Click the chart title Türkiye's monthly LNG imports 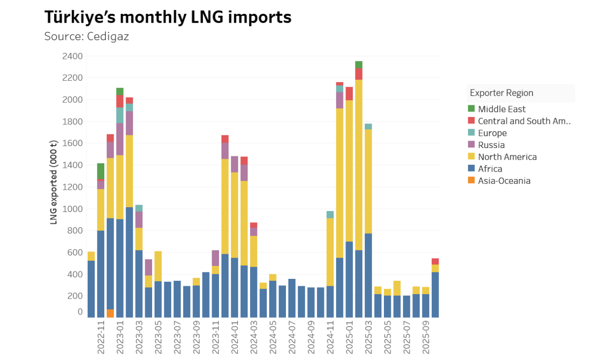click(168, 17)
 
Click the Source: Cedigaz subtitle click(87, 36)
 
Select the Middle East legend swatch click(471, 109)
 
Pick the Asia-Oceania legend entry click(504, 181)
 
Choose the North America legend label click(507, 157)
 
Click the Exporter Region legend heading click(501, 93)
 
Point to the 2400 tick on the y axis click(73, 56)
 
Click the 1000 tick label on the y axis click(73, 209)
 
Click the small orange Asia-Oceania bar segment click(110, 313)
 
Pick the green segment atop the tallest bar click(359, 65)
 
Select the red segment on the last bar click(435, 262)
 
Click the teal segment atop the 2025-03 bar click(368, 126)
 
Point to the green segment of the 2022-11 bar click(101, 171)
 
